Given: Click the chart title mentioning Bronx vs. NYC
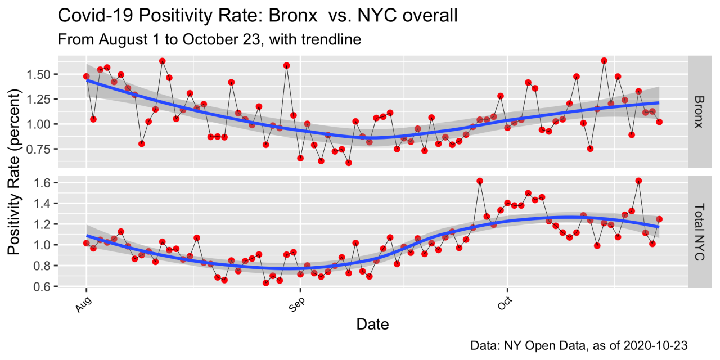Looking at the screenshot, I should (x=258, y=16).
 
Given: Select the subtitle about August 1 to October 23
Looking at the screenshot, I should (x=209, y=39).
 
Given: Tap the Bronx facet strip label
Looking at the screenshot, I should (x=698, y=111).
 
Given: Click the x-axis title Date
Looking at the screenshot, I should (x=372, y=324).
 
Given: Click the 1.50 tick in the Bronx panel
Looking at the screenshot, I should (x=40, y=74).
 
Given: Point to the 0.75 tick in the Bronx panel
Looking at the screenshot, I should (x=40, y=149).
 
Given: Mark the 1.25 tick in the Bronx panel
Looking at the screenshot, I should (x=40, y=99).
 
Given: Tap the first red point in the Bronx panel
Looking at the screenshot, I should (x=87, y=76).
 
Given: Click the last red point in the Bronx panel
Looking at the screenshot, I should (x=659, y=121).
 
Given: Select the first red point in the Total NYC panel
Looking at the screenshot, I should (x=87, y=243).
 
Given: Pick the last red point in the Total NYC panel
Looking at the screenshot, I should (x=659, y=219).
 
